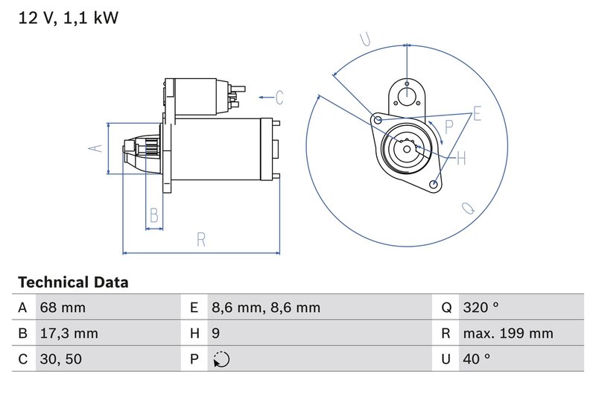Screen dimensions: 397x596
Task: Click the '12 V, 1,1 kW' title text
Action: [68, 18]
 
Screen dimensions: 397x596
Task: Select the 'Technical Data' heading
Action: [73, 282]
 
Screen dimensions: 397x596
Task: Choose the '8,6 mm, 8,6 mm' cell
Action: [265, 308]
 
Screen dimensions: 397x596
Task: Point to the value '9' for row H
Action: [215, 334]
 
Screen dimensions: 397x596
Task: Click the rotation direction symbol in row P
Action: [221, 360]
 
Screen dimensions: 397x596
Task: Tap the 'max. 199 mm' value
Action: [507, 334]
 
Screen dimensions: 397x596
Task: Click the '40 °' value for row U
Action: [476, 360]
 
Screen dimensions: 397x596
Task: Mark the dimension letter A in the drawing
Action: [95, 148]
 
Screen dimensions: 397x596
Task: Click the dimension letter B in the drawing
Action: [154, 216]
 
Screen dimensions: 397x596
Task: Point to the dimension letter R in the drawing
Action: [201, 240]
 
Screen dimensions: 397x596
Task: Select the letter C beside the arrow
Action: [279, 98]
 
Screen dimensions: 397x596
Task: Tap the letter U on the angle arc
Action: [365, 39]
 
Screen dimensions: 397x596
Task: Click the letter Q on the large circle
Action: [469, 209]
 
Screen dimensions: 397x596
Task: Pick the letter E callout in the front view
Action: [477, 114]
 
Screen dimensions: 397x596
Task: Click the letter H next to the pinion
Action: [460, 158]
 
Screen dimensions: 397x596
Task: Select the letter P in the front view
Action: [448, 127]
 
